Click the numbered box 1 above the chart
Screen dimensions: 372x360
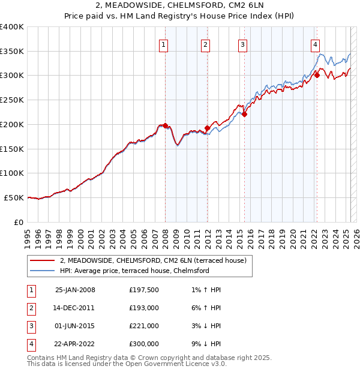pos(164,44)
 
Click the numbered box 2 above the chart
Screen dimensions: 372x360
pos(205,44)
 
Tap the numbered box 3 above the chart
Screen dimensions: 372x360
pos(242,44)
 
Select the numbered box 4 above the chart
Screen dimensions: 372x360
pos(315,44)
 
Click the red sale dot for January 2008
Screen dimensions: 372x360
pos(166,125)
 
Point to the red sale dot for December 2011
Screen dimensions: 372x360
pos(207,128)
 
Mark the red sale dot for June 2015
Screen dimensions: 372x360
pos(244,114)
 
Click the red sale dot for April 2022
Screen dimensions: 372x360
pos(317,75)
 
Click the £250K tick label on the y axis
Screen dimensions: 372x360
pos(13,100)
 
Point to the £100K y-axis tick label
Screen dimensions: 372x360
pos(13,173)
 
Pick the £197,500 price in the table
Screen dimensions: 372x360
pos(143,290)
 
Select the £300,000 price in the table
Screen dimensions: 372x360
pos(143,344)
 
